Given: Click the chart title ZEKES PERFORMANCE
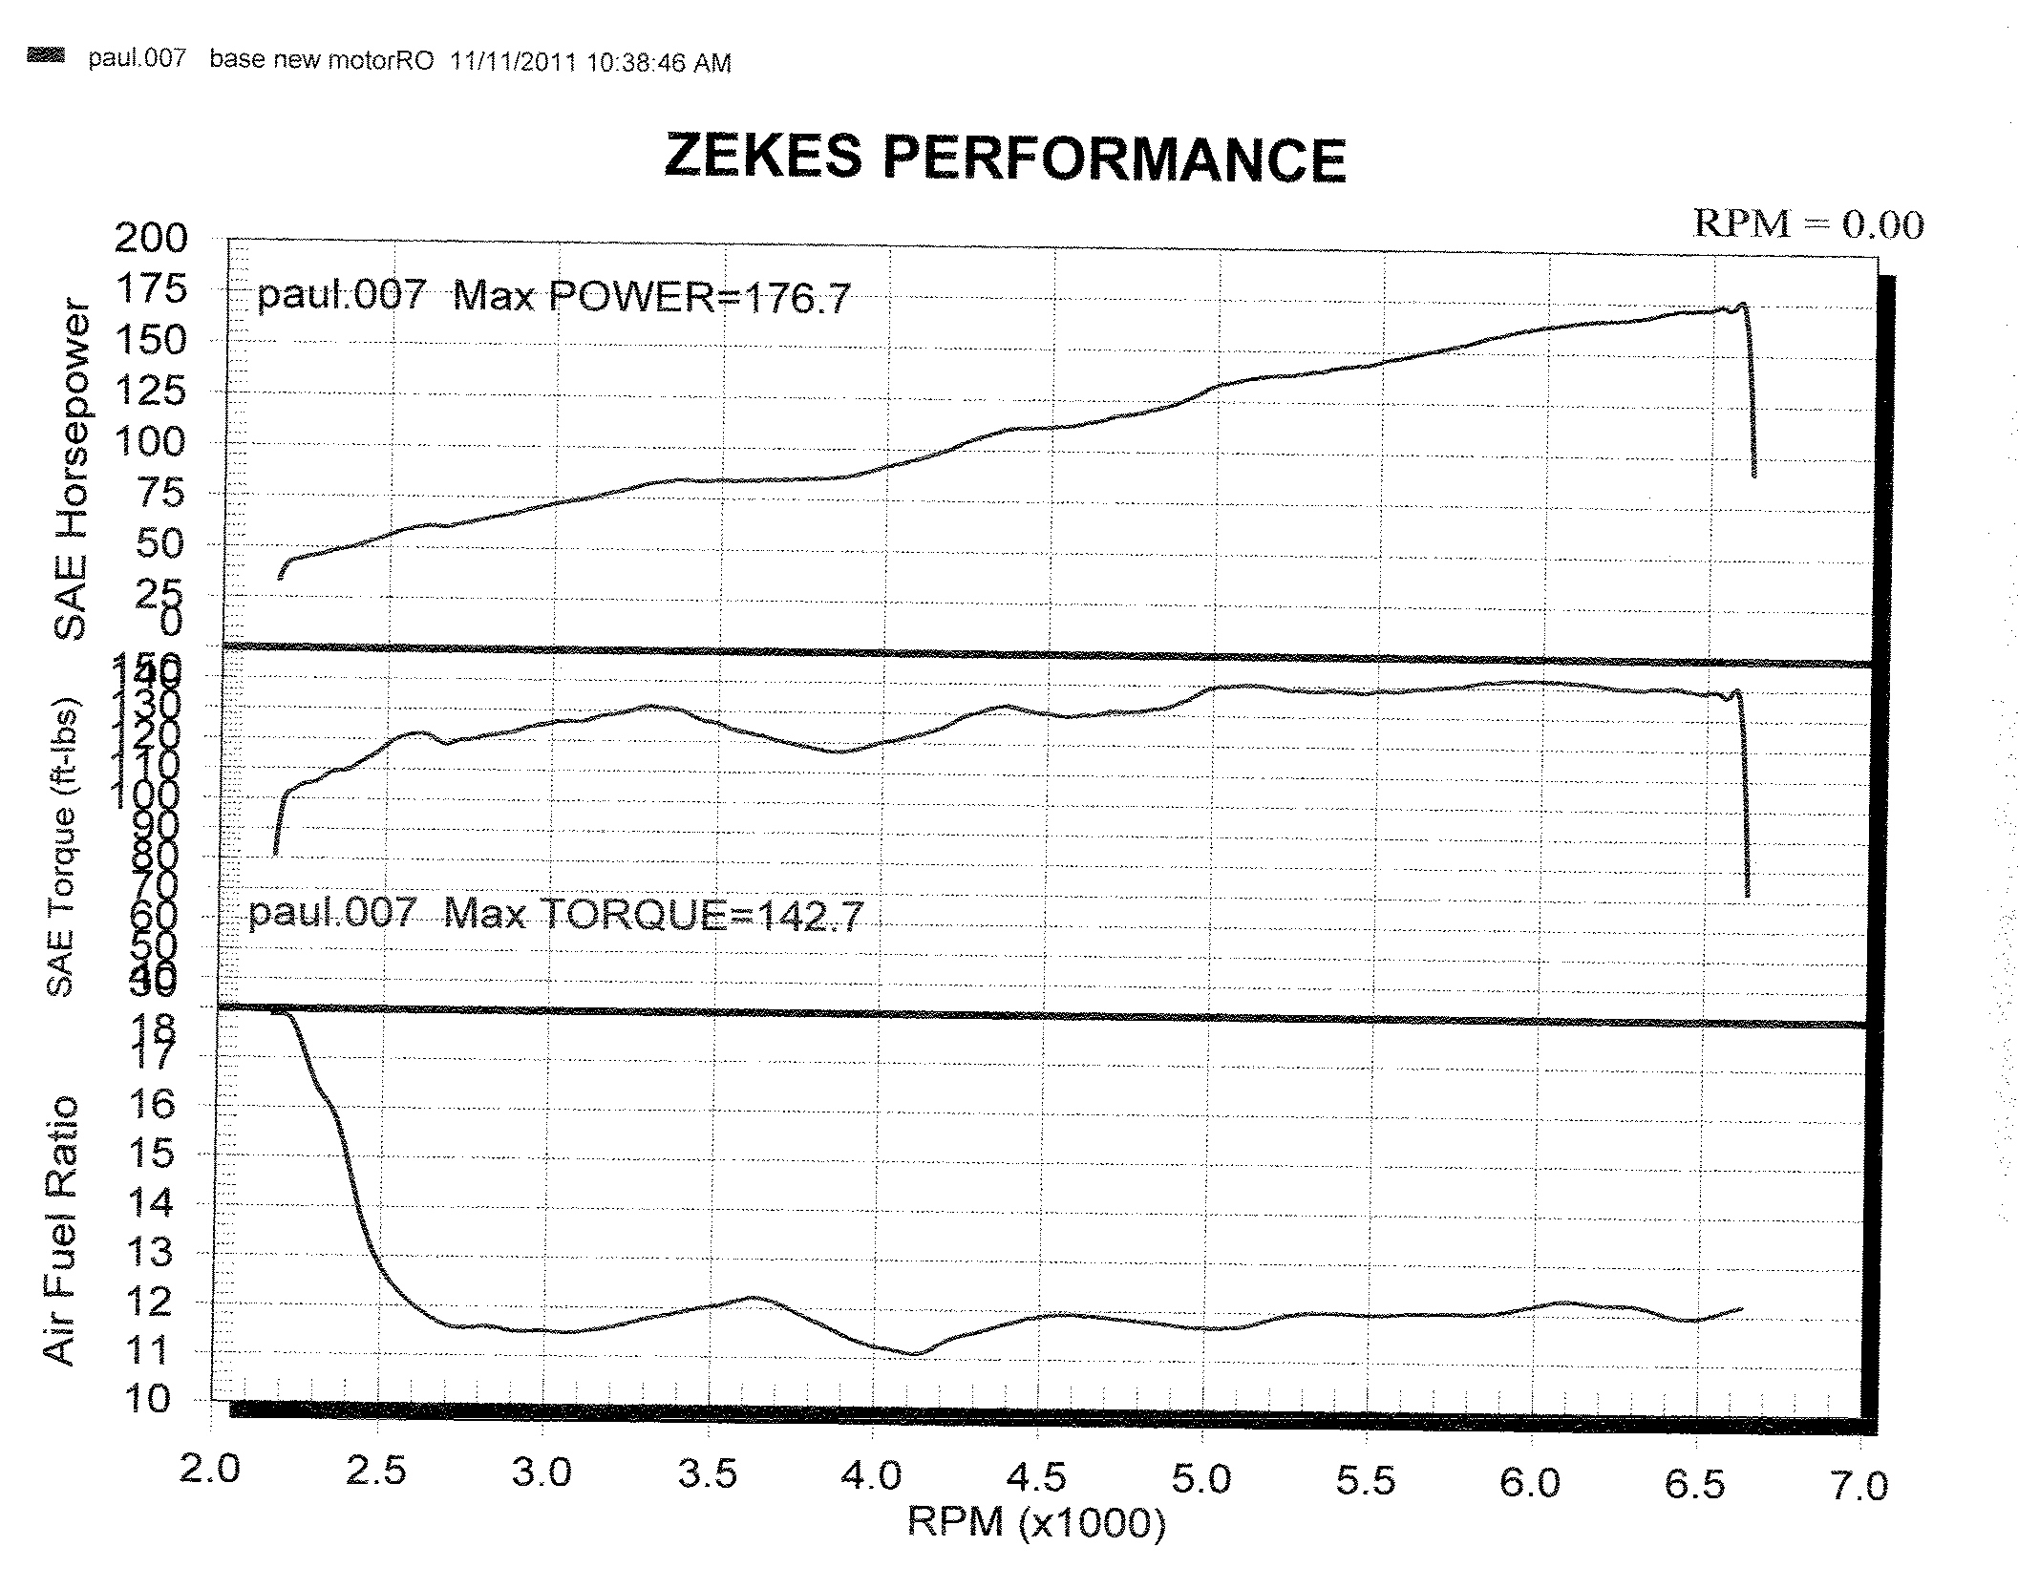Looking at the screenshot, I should pyautogui.click(x=1005, y=159).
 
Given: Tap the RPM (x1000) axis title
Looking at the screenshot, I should pyautogui.click(x=1036, y=1520).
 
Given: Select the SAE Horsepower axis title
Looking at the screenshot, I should pyautogui.click(x=71, y=471).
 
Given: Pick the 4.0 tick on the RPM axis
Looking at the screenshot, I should pyautogui.click(x=871, y=1475).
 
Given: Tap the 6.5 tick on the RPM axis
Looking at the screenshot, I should pyautogui.click(x=1695, y=1484).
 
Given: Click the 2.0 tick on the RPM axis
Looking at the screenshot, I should pyautogui.click(x=209, y=1468).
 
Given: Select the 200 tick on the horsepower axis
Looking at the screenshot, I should pyautogui.click(x=152, y=238).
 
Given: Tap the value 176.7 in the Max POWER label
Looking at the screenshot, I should pyautogui.click(x=797, y=299).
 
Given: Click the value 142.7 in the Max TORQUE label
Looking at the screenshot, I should pyautogui.click(x=810, y=916).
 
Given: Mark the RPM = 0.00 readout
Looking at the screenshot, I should pyautogui.click(x=1808, y=224).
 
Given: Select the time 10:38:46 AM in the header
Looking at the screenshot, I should pyautogui.click(x=659, y=63).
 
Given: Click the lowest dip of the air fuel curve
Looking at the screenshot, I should pyautogui.click(x=914, y=1354).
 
